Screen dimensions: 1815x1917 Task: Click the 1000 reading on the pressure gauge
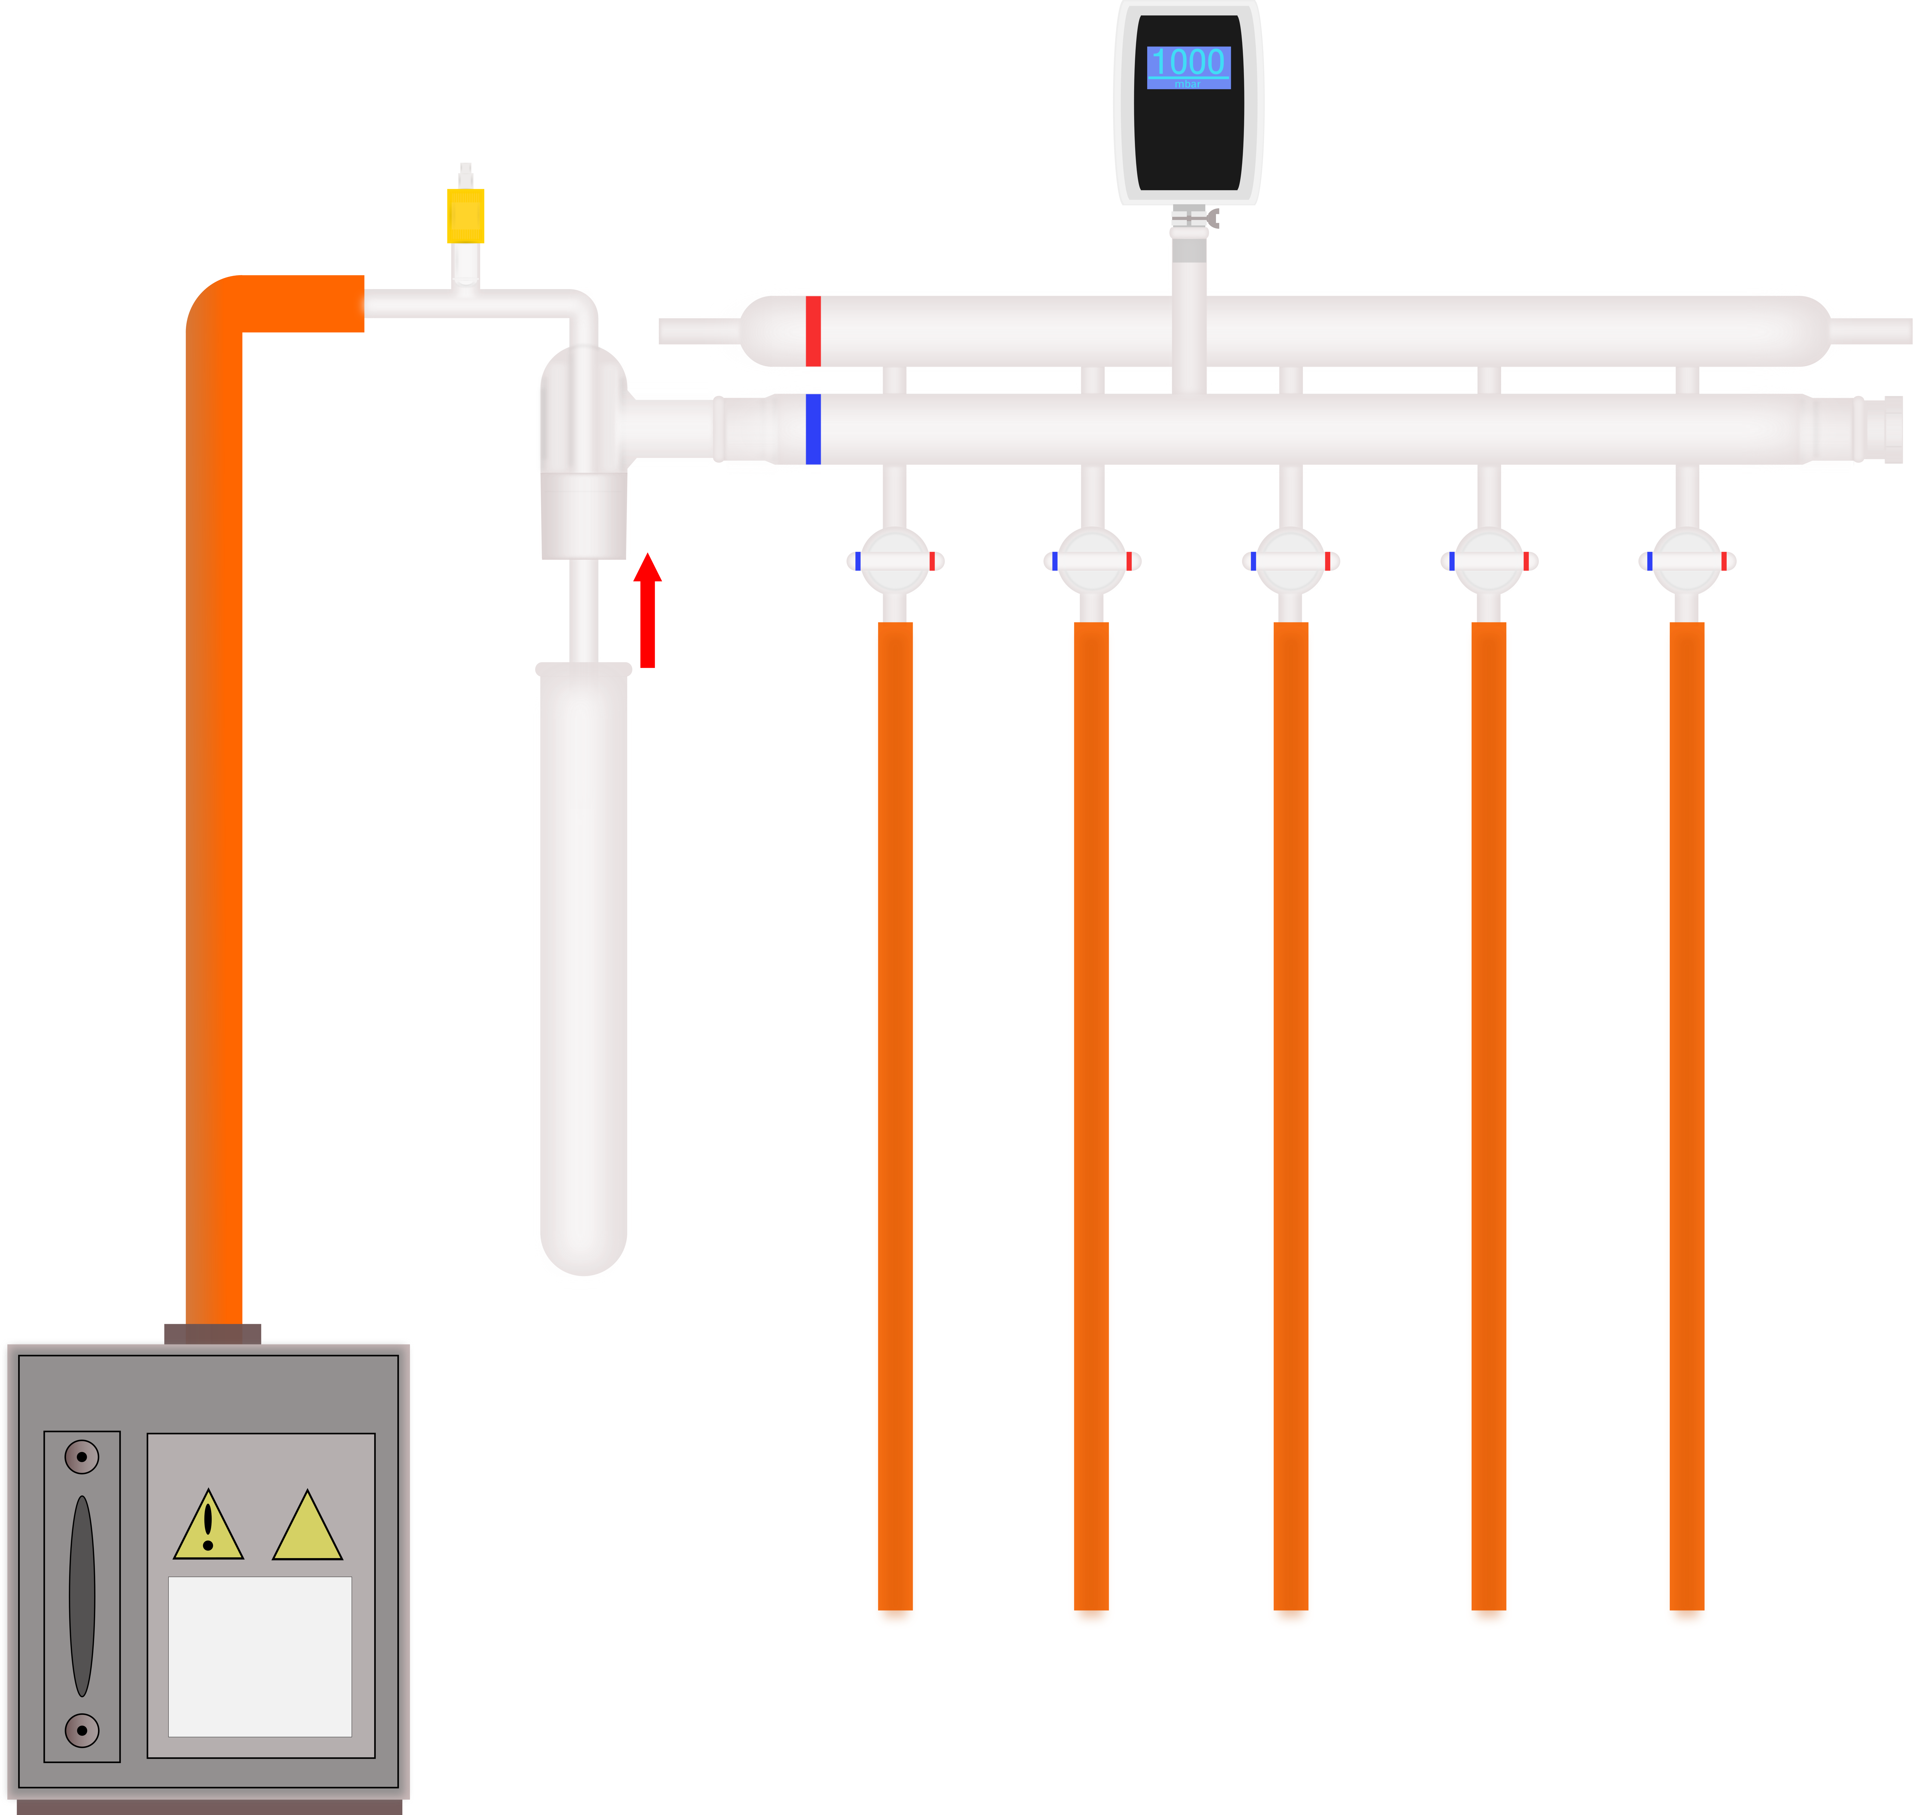click(x=1188, y=62)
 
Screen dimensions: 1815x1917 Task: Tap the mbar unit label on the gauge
click(x=1188, y=84)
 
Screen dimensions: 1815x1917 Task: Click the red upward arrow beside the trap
click(x=647, y=610)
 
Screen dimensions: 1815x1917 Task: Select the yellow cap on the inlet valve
click(x=465, y=215)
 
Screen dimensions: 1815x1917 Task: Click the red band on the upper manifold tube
click(x=813, y=331)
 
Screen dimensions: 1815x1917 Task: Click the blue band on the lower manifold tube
click(x=813, y=429)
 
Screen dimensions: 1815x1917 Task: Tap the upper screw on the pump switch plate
click(x=82, y=1456)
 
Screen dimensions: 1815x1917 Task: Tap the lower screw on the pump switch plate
click(x=82, y=1730)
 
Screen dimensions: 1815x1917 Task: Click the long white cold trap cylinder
click(x=580, y=967)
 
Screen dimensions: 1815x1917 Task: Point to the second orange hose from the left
click(x=1091, y=1113)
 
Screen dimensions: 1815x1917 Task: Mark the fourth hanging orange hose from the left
click(x=1489, y=1113)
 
